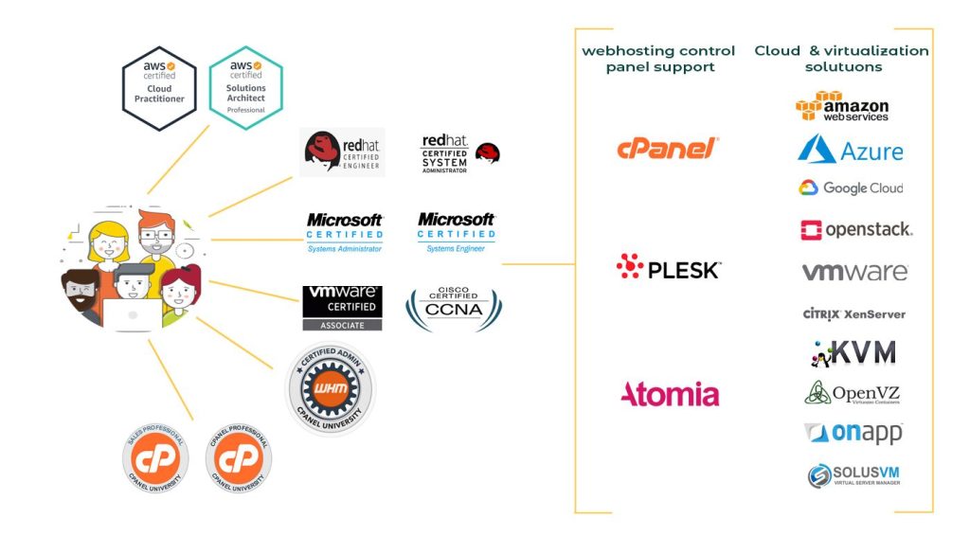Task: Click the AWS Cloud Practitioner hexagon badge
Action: click(x=159, y=88)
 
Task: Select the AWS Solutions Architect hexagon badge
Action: click(x=245, y=88)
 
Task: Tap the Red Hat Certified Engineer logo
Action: click(x=342, y=152)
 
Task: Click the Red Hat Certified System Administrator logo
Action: click(x=459, y=153)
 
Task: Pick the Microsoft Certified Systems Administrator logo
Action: click(x=345, y=232)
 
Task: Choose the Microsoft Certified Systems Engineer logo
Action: click(x=456, y=232)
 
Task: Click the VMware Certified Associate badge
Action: click(x=342, y=308)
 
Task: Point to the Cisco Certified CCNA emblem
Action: click(x=454, y=308)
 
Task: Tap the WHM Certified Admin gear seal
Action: click(x=331, y=388)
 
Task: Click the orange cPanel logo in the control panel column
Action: click(x=668, y=148)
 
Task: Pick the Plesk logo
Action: click(x=668, y=269)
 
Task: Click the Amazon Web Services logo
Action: click(x=842, y=107)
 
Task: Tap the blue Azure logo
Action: click(x=850, y=150)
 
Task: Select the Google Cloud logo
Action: click(x=850, y=188)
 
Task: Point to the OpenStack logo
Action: click(x=855, y=229)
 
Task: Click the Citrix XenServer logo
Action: click(x=853, y=313)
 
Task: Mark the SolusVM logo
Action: click(x=853, y=475)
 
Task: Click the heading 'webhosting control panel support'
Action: click(x=658, y=59)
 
